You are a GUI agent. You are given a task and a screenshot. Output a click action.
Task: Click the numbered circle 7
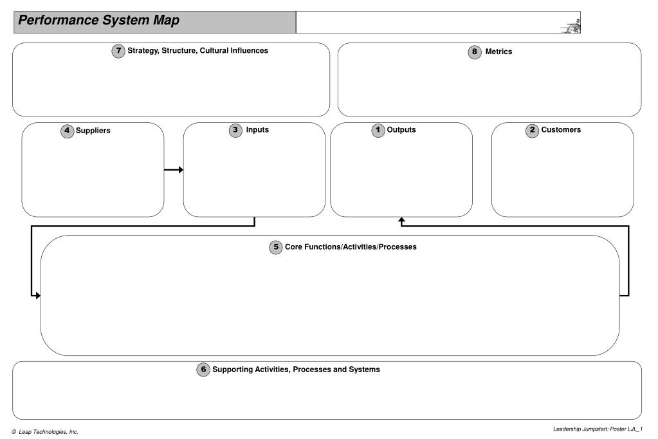click(x=118, y=51)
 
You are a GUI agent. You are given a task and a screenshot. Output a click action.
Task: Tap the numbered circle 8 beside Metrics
click(x=475, y=52)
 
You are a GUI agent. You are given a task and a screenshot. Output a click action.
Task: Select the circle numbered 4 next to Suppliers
click(x=67, y=131)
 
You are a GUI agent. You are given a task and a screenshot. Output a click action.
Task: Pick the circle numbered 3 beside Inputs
click(x=235, y=130)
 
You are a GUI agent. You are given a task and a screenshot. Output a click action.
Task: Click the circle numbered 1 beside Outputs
click(x=378, y=130)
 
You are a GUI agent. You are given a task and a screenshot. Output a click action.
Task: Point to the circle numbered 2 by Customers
click(x=532, y=130)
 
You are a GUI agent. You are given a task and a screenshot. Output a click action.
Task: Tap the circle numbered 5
click(x=276, y=247)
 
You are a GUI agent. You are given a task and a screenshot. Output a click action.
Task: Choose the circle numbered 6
click(x=203, y=369)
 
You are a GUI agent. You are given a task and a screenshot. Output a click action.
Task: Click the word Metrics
click(x=498, y=51)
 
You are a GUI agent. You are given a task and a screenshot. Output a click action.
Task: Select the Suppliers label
click(x=93, y=131)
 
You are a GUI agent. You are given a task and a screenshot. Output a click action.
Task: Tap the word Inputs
click(x=257, y=130)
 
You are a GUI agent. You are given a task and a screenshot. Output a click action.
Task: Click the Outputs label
click(x=401, y=130)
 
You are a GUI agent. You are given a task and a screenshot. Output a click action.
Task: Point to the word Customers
click(x=561, y=130)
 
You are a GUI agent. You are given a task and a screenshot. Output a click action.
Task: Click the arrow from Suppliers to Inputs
click(x=174, y=170)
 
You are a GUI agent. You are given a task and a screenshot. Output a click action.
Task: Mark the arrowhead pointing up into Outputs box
click(x=401, y=219)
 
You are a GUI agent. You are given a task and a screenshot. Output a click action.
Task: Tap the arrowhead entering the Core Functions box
click(x=38, y=295)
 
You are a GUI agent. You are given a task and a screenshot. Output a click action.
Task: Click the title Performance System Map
click(x=98, y=20)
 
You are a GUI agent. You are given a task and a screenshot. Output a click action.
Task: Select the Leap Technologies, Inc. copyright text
click(x=45, y=432)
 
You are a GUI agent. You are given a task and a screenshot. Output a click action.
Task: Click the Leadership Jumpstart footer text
click(x=598, y=429)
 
